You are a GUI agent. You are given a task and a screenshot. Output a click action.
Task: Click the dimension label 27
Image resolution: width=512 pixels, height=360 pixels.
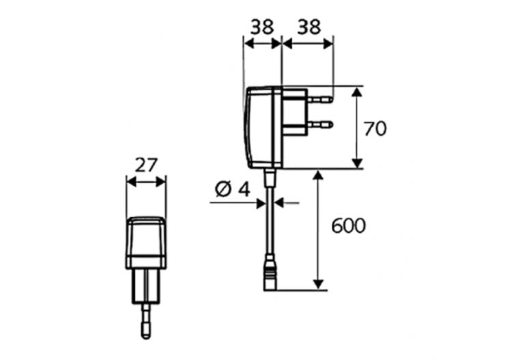coord(146,165)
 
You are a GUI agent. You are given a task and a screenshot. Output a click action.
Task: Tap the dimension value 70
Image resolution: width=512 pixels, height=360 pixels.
coord(375,128)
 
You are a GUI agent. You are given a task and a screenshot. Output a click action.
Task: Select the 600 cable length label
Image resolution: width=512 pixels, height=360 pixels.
coord(348,225)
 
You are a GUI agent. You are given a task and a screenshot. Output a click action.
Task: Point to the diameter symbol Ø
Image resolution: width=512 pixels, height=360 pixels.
coord(223,189)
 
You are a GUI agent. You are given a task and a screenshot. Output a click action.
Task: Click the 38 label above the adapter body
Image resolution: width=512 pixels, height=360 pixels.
coord(261,27)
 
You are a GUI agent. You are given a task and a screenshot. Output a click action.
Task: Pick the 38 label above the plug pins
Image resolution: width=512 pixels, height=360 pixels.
coord(308,27)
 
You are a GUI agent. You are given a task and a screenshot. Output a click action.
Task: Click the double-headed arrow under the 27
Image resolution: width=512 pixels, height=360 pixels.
coord(146,182)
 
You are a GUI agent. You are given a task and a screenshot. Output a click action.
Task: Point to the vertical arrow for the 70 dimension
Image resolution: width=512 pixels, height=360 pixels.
coord(356,128)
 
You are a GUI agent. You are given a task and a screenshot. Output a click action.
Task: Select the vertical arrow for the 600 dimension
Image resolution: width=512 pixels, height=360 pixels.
coord(317,230)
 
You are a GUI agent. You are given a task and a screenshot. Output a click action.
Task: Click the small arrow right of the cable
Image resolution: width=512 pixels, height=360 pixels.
coord(287,203)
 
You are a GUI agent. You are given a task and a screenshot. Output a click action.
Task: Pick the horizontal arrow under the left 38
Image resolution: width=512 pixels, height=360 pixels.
coord(262,43)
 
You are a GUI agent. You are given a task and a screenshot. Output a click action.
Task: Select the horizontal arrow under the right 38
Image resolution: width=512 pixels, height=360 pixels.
coord(308,43)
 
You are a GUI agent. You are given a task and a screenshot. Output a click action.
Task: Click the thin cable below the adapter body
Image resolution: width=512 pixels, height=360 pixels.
coord(272,225)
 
